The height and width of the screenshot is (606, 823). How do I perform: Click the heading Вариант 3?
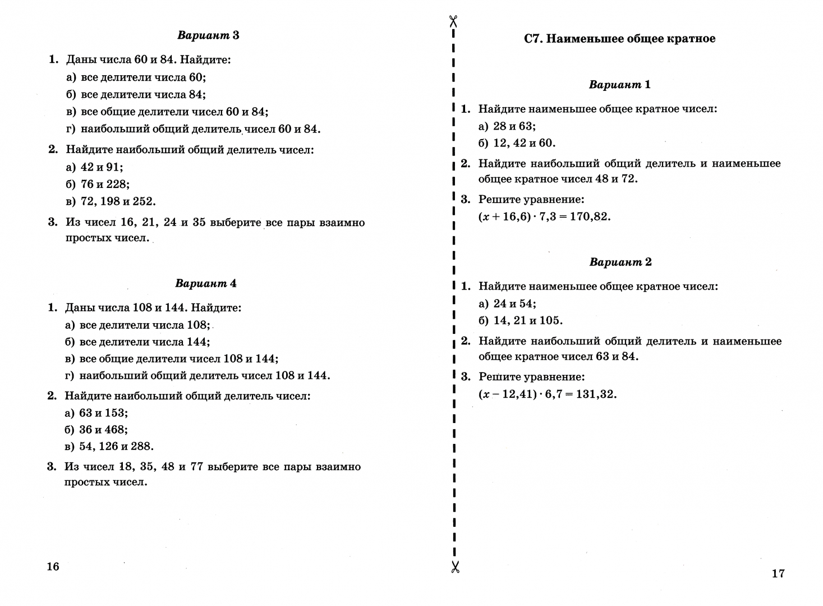tap(208, 35)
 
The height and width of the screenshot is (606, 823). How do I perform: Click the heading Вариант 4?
tap(206, 283)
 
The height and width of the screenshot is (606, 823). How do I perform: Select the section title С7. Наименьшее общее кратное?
tap(619, 39)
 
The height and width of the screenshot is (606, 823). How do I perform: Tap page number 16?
tap(53, 567)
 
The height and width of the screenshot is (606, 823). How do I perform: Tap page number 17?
tap(778, 573)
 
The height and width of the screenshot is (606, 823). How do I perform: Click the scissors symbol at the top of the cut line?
tap(454, 22)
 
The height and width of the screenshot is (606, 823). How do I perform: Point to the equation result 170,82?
tap(590, 217)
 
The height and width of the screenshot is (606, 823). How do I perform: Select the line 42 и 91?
tap(102, 167)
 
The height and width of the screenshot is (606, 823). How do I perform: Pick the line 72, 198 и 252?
tap(118, 201)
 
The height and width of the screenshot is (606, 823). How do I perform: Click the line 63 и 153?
tap(103, 413)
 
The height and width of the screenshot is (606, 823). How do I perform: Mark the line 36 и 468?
tap(103, 430)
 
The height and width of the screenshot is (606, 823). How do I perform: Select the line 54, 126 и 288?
tap(116, 447)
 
